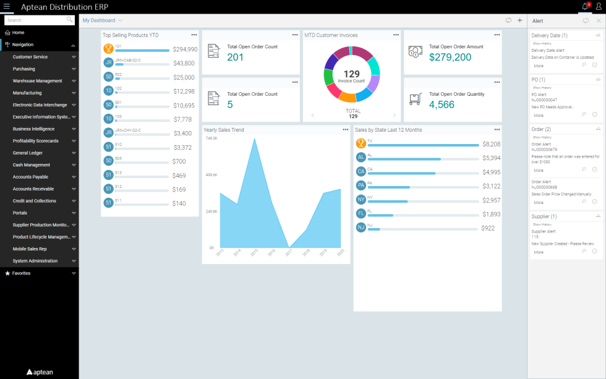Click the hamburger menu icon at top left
pos(7,6)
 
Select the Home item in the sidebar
pos(19,32)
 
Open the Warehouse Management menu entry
pos(37,81)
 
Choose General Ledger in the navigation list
pos(28,153)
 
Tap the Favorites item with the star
pos(21,273)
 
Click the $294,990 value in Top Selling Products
pos(185,49)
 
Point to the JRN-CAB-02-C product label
pos(128,60)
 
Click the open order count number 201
pos(236,57)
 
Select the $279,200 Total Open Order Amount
pos(450,57)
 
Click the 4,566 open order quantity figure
pos(442,105)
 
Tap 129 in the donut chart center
pos(351,74)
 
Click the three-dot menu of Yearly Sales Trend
pos(346,130)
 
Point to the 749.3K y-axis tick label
pos(211,138)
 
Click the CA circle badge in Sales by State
pos(361,171)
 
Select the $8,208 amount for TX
pos(492,144)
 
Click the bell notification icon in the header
pos(585,7)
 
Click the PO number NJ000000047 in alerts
pos(544,100)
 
